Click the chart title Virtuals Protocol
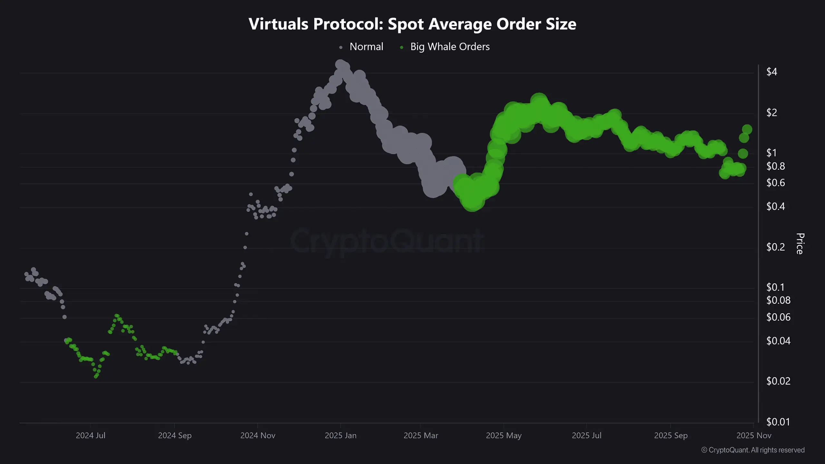coord(412,24)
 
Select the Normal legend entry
coord(366,47)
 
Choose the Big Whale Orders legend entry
coord(450,47)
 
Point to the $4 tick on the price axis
coord(772,72)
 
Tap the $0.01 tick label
coord(778,422)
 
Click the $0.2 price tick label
coord(775,247)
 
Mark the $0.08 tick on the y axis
coord(778,300)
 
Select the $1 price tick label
coord(772,153)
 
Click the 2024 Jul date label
coord(91,435)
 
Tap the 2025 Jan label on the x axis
coord(341,435)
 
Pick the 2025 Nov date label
coord(754,435)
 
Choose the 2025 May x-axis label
coord(503,435)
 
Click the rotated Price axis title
coord(800,244)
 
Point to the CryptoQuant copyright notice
coord(753,450)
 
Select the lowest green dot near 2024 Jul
coord(96,376)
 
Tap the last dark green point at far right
coord(747,129)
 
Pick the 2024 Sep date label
coord(175,435)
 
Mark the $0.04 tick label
coord(778,341)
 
